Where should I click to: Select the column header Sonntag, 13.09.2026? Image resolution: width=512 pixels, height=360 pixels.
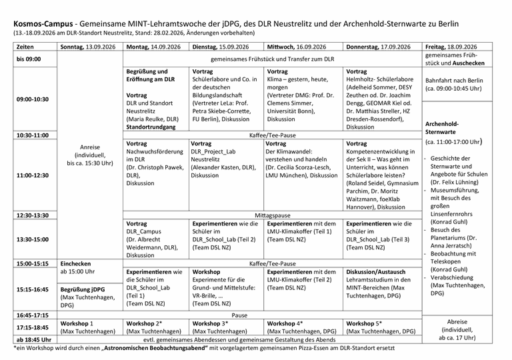(90, 47)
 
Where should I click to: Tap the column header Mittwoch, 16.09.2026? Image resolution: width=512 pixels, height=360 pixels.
(296, 47)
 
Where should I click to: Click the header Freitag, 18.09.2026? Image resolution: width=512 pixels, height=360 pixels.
(451, 47)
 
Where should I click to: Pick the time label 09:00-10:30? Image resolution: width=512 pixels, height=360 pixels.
(32, 99)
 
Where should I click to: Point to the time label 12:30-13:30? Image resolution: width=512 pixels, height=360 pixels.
(32, 215)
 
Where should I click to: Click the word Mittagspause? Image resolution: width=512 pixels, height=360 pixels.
(273, 215)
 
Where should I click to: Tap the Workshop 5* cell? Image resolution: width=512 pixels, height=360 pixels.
(364, 323)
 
